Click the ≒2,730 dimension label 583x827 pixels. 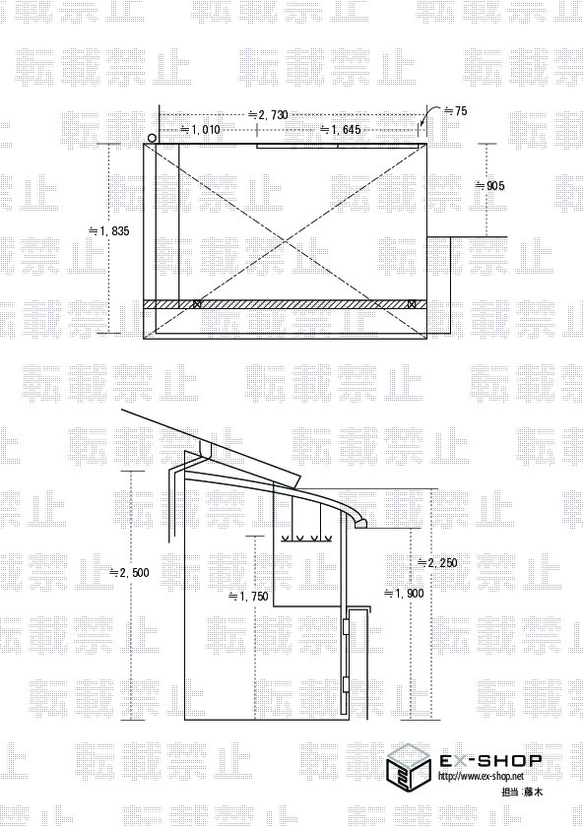click(x=268, y=115)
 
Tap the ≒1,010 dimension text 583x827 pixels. click(x=201, y=129)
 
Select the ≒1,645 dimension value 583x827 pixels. click(x=341, y=129)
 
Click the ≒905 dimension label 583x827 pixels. click(x=489, y=186)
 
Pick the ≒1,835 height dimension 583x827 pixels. click(x=108, y=230)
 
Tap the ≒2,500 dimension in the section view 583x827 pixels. click(x=129, y=573)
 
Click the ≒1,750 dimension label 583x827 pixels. click(x=248, y=597)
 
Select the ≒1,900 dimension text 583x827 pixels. click(x=403, y=594)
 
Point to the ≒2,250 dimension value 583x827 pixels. click(x=437, y=563)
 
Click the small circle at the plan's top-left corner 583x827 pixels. click(x=152, y=138)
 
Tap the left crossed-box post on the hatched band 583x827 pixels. click(x=197, y=304)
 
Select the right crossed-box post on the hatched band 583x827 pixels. click(x=412, y=304)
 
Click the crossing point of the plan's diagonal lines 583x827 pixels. click(x=286, y=241)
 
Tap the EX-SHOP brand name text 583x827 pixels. click(x=490, y=760)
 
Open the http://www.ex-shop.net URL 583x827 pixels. click(x=482, y=777)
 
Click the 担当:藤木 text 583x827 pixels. click(x=522, y=792)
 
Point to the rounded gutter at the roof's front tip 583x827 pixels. click(x=359, y=524)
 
